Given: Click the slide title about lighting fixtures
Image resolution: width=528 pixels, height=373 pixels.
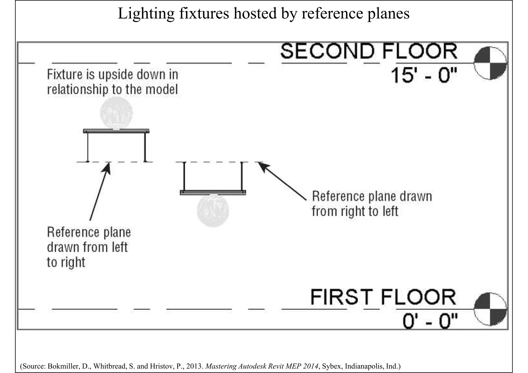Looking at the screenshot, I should pyautogui.click(x=263, y=13).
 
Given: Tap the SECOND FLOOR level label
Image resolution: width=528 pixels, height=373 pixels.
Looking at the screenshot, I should pyautogui.click(x=369, y=52).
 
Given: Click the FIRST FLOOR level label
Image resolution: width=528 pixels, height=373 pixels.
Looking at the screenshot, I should pyautogui.click(x=383, y=297).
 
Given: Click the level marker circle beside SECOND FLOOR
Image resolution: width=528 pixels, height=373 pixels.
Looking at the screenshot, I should pyautogui.click(x=490, y=63).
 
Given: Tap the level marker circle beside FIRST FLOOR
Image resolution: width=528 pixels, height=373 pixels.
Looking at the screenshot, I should pyautogui.click(x=490, y=309).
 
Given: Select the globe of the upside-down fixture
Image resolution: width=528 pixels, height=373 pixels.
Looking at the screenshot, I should pyautogui.click(x=117, y=113).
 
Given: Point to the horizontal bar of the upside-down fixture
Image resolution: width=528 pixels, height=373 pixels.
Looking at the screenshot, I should pyautogui.click(x=116, y=131).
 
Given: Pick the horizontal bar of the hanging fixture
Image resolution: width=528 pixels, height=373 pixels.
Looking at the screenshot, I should pyautogui.click(x=213, y=192).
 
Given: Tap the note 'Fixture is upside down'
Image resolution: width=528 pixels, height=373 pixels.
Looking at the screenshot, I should pyautogui.click(x=113, y=82).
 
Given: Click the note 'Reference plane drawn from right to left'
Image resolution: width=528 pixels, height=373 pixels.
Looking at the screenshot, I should pyautogui.click(x=372, y=204).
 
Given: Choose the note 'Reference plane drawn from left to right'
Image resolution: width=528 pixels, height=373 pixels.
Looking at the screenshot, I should pyautogui.click(x=89, y=247).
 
